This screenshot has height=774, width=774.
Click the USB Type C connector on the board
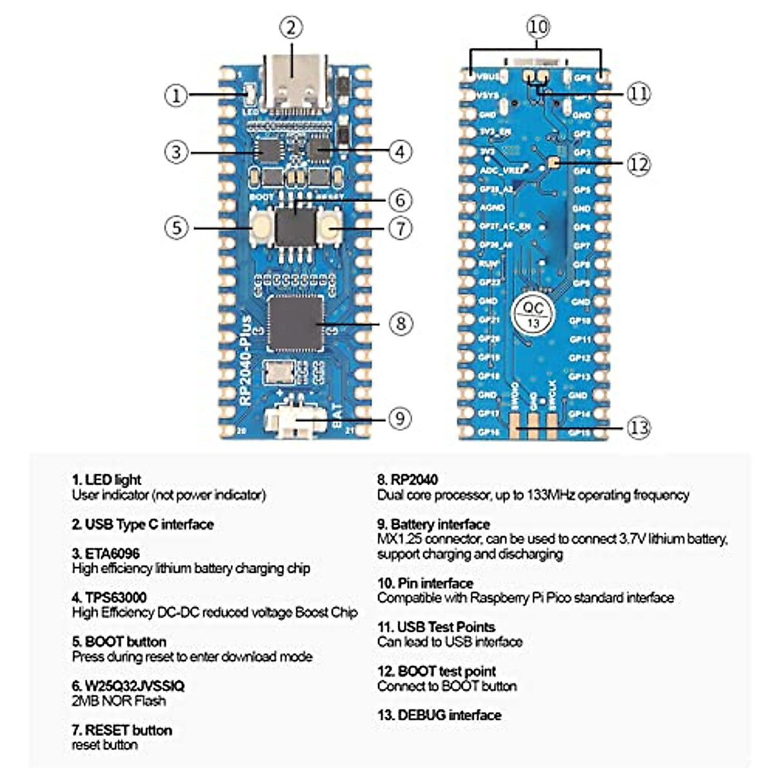[x=295, y=84]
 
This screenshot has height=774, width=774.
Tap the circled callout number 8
[x=401, y=322]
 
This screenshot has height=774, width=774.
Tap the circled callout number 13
[x=639, y=427]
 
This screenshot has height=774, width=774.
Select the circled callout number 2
[x=291, y=28]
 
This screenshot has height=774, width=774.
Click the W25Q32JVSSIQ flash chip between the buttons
[x=295, y=226]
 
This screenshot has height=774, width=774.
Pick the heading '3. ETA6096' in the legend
[x=106, y=553]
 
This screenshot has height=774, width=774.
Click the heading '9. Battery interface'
[x=433, y=524]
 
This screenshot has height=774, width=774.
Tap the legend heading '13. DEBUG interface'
[x=439, y=715]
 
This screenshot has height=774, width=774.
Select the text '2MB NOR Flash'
[x=119, y=700]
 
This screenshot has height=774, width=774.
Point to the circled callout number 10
[x=537, y=27]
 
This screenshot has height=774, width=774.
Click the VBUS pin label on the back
[x=489, y=77]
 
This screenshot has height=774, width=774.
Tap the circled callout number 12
[x=639, y=164]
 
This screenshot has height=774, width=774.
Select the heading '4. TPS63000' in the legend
[x=109, y=597]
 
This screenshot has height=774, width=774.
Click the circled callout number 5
[x=176, y=228]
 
